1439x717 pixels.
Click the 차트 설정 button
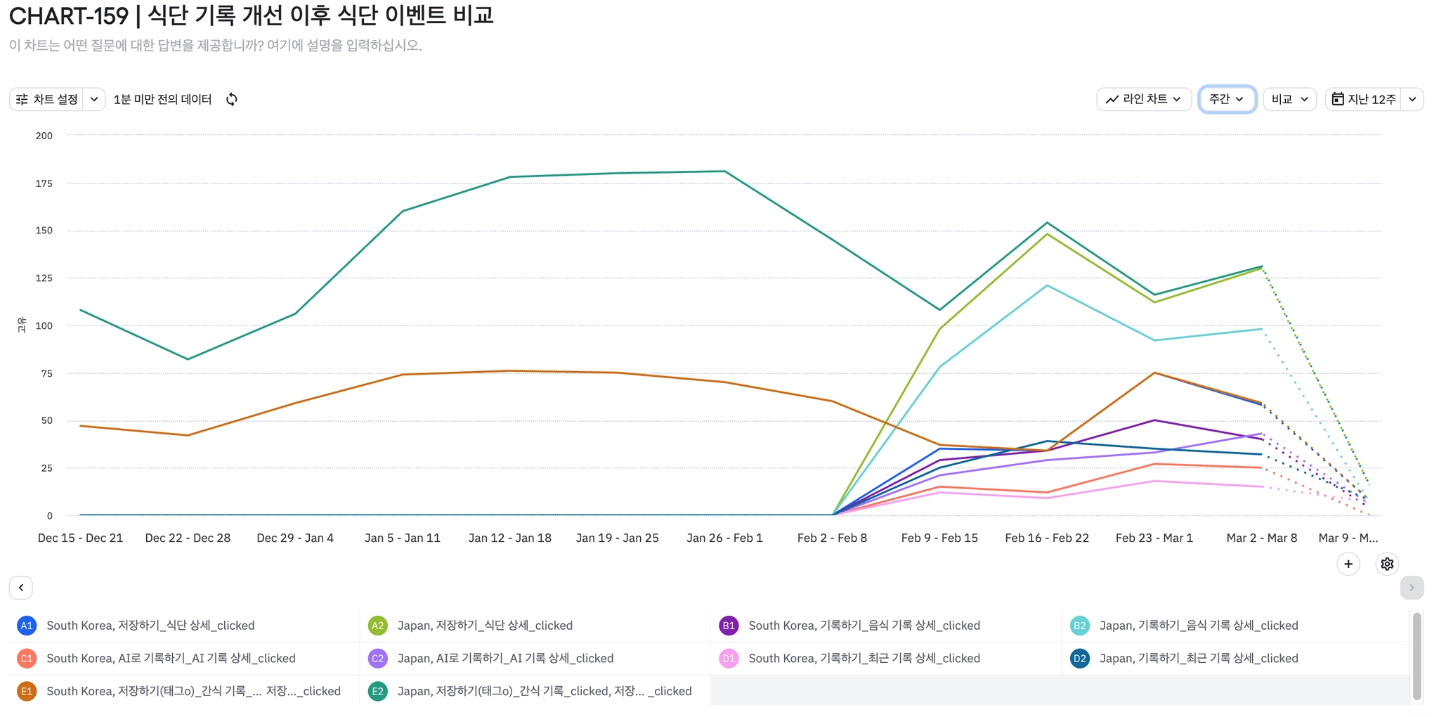pyautogui.click(x=48, y=99)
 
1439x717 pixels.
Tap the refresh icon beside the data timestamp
pyautogui.click(x=232, y=99)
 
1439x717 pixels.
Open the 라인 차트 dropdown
pyautogui.click(x=1143, y=99)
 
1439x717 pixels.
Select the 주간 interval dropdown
pyautogui.click(x=1226, y=99)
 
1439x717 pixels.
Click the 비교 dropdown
pyautogui.click(x=1289, y=99)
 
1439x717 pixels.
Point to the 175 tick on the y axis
pyautogui.click(x=44, y=183)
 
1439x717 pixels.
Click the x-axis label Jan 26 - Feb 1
pyautogui.click(x=724, y=538)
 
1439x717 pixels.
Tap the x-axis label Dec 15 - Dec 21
pyautogui.click(x=80, y=538)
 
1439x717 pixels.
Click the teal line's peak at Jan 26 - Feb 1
pyautogui.click(x=724, y=171)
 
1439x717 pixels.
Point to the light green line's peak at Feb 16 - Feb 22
pyautogui.click(x=1047, y=233)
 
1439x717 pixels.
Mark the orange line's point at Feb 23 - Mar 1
pyautogui.click(x=1154, y=373)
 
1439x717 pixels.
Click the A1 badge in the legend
pyautogui.click(x=27, y=626)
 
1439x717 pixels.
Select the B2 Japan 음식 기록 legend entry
pyautogui.click(x=1198, y=626)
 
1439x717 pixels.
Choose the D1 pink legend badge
pyautogui.click(x=729, y=659)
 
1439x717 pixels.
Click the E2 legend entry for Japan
pyautogui.click(x=544, y=691)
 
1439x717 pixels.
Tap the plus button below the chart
pyautogui.click(x=1348, y=564)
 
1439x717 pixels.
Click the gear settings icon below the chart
pyautogui.click(x=1386, y=564)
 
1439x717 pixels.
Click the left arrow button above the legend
pyautogui.click(x=21, y=588)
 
